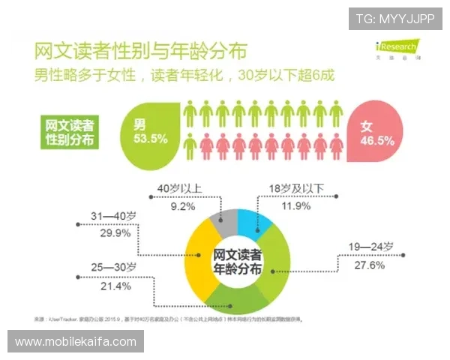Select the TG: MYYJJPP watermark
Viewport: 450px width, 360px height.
pos(395,18)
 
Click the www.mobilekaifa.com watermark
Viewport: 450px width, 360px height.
pos(76,342)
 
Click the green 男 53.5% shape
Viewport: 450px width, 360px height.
pos(148,130)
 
